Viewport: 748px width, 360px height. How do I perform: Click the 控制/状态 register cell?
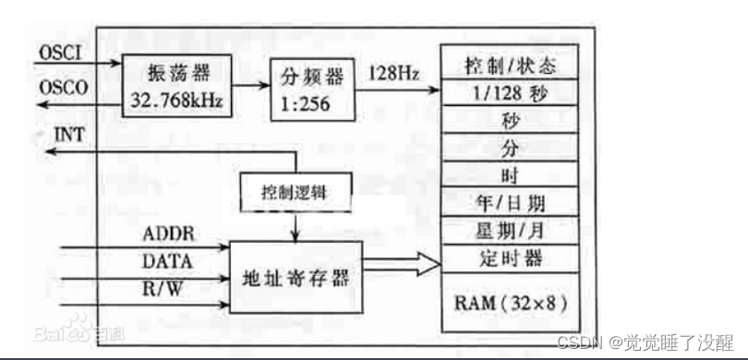510,66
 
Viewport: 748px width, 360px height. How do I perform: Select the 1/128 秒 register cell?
510,93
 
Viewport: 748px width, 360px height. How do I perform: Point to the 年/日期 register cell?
510,200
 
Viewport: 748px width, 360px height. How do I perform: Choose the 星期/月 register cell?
510,227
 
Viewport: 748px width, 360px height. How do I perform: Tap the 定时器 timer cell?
510,254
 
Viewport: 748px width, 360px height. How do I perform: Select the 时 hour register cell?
510,174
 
